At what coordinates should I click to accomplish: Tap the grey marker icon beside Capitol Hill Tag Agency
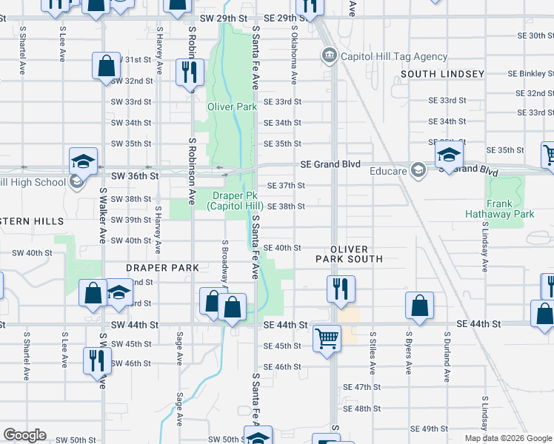329,55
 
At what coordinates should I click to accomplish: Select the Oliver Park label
231,107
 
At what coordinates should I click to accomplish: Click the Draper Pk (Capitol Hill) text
238,201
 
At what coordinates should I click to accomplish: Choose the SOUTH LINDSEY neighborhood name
442,74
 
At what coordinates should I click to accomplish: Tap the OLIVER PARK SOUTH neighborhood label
349,254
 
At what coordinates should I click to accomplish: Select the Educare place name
389,170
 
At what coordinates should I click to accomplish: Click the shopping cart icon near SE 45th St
326,339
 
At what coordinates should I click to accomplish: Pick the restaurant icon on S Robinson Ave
190,72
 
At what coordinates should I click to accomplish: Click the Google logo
24,435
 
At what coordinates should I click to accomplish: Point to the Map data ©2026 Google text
508,438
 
